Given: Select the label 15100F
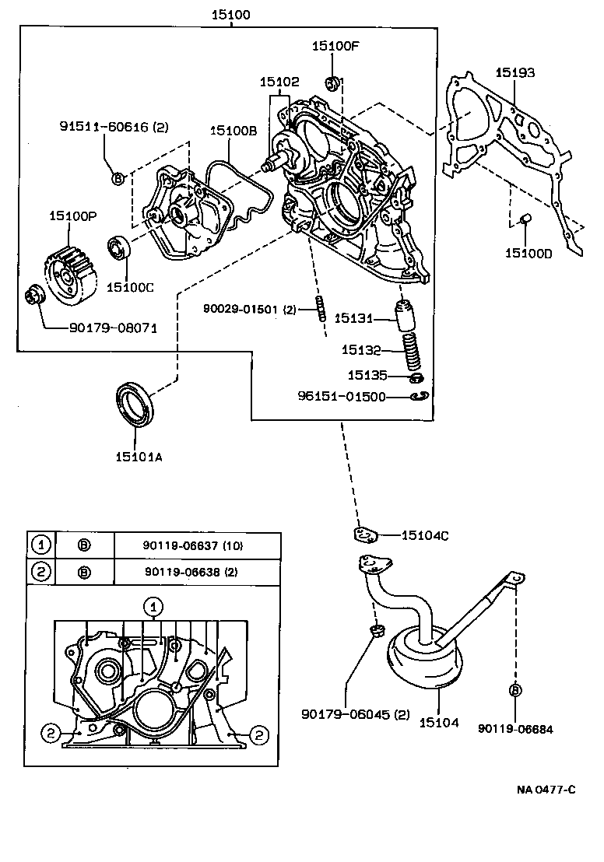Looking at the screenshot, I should (x=335, y=46).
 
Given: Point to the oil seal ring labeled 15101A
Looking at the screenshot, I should (x=135, y=405).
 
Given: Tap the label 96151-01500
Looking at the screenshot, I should (x=341, y=397).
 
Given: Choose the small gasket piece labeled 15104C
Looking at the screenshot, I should (x=363, y=534).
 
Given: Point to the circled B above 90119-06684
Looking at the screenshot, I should (x=515, y=690).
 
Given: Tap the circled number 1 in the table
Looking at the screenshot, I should (x=40, y=545).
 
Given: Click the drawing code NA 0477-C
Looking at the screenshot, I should (x=546, y=790).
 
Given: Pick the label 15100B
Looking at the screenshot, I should (x=233, y=131).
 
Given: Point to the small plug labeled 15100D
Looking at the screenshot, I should (x=525, y=218).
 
